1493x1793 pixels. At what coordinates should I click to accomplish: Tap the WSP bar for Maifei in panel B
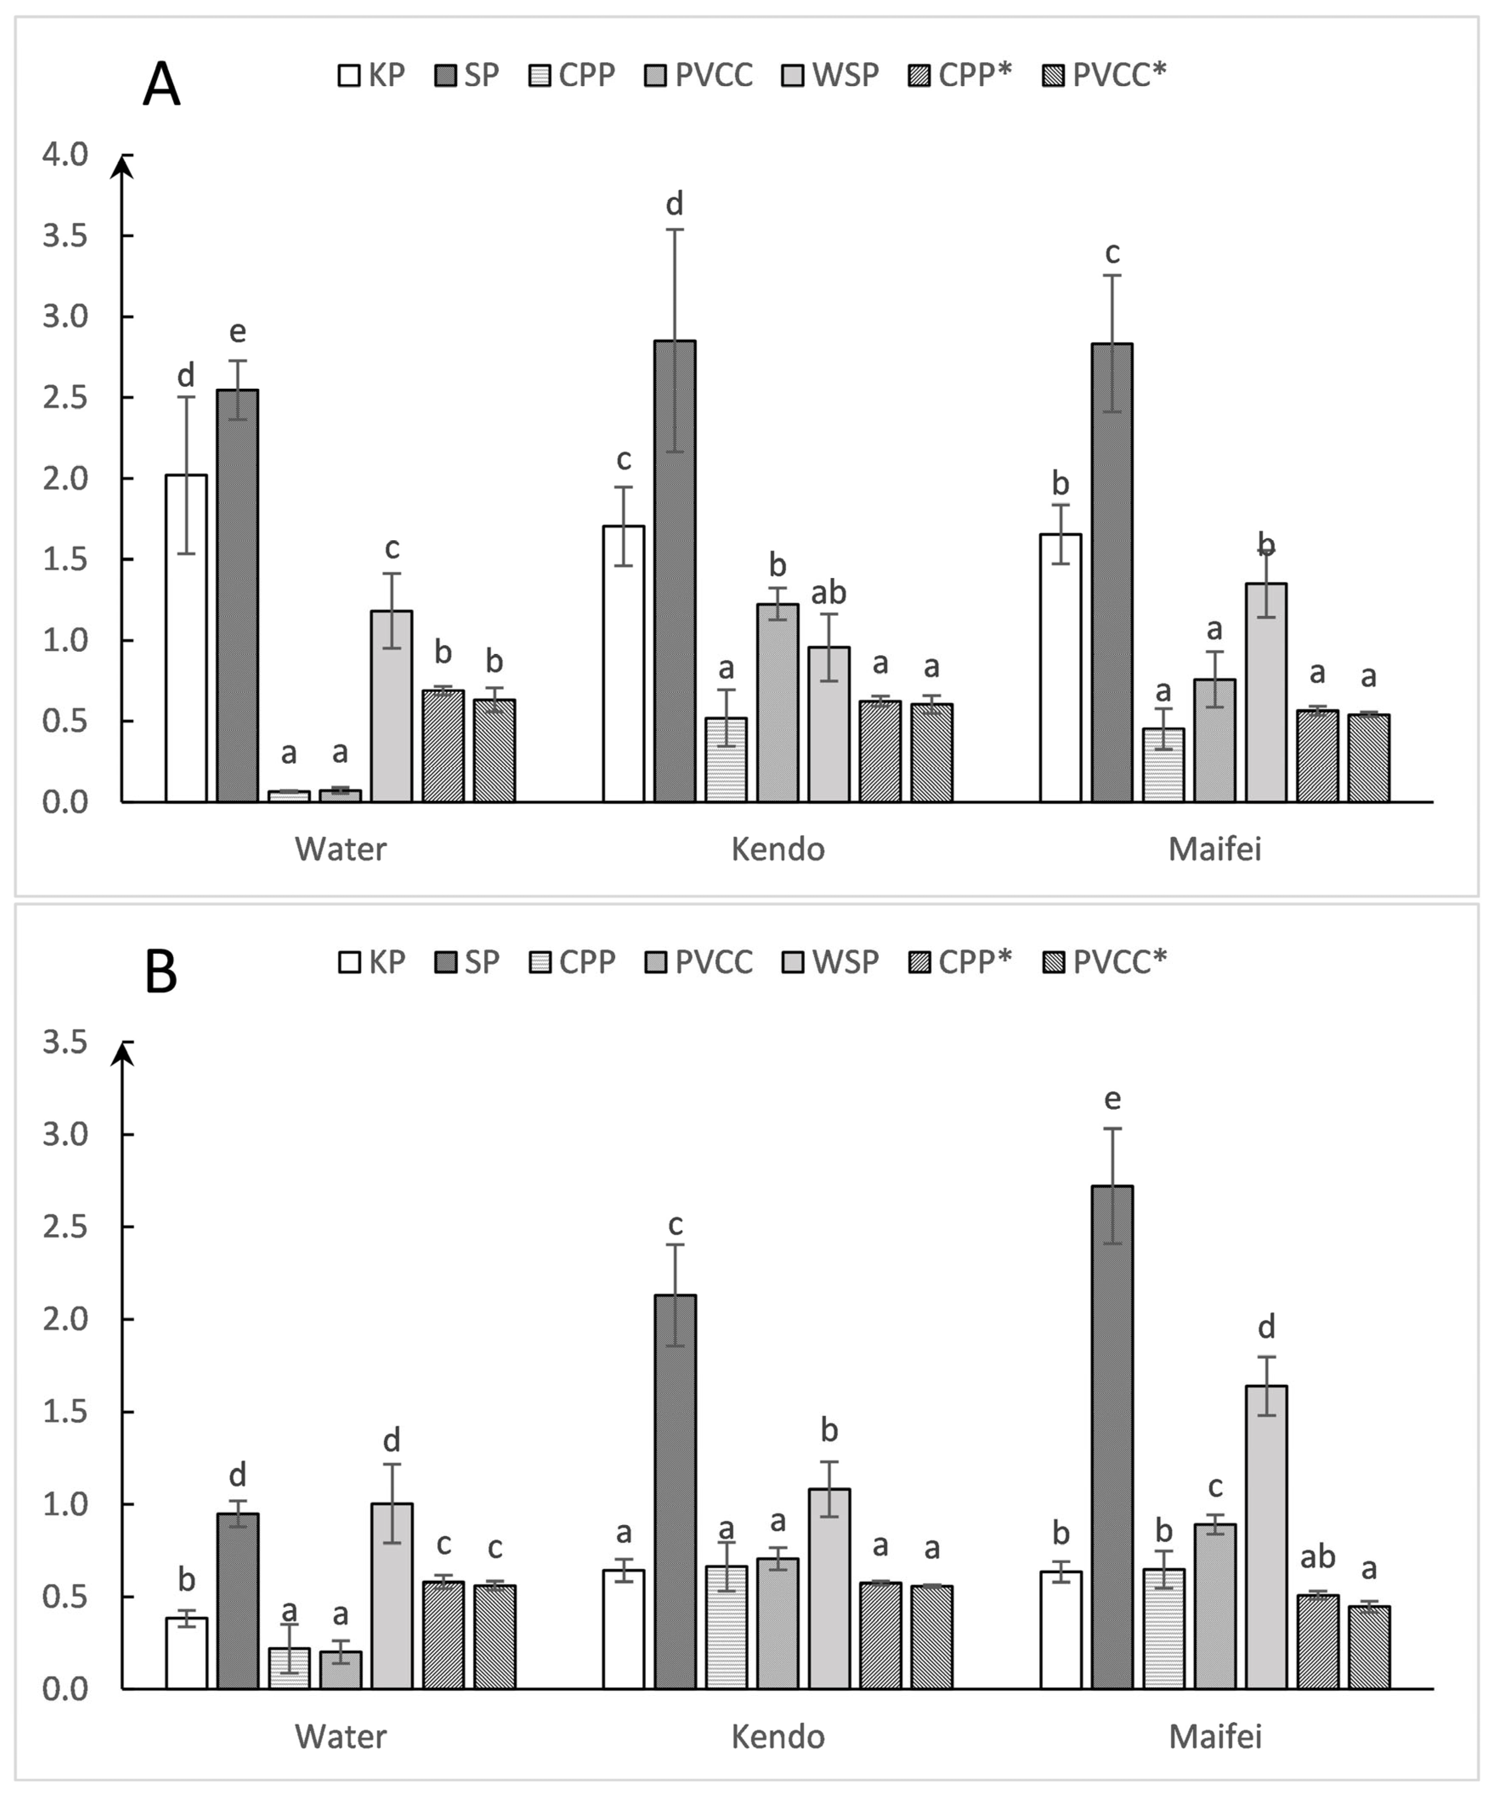coord(1266,1537)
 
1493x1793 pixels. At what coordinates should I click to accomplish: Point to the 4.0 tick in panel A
coord(66,154)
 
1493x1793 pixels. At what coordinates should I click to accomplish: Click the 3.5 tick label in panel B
coord(66,1042)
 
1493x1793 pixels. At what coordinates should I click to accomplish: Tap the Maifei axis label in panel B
coord(1215,1736)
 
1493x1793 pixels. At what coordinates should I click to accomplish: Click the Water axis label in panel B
coord(340,1736)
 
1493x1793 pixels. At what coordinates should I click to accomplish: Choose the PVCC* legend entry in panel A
coord(1104,75)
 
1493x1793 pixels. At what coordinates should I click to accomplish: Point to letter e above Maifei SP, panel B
coord(1112,1099)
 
